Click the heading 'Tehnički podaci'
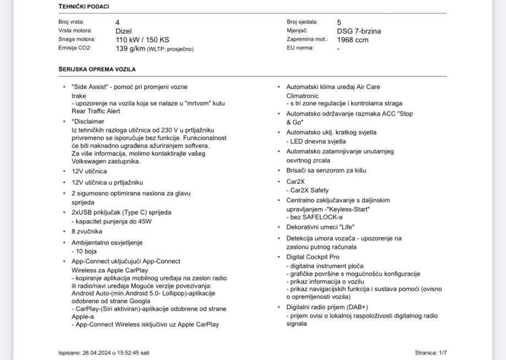click(84, 7)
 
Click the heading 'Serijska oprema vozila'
click(97, 69)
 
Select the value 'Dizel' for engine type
click(124, 31)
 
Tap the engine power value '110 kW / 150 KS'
click(142, 40)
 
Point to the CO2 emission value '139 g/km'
click(130, 48)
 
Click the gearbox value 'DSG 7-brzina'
click(359, 31)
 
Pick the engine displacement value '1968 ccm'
click(353, 40)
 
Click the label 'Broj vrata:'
click(71, 23)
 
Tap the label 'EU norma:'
click(300, 48)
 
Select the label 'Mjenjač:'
click(297, 31)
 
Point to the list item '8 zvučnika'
click(86, 232)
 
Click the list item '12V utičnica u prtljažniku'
click(107, 182)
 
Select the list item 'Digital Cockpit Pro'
click(312, 257)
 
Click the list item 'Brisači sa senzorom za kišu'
click(326, 171)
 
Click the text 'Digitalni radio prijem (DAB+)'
click(327, 307)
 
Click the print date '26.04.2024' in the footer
click(97, 352)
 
